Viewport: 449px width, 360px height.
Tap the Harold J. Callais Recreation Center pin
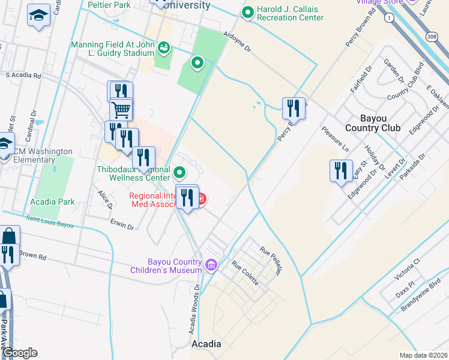[x=247, y=12]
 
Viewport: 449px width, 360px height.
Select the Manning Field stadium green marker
[x=163, y=46]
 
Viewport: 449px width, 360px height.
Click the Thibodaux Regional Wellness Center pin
[x=179, y=173]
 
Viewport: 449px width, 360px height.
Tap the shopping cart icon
[x=121, y=110]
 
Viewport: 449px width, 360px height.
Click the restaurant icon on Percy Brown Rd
[x=293, y=108]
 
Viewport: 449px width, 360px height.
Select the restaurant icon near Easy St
[x=341, y=170]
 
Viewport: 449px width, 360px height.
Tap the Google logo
[x=19, y=353]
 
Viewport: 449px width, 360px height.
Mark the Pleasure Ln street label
[x=334, y=138]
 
